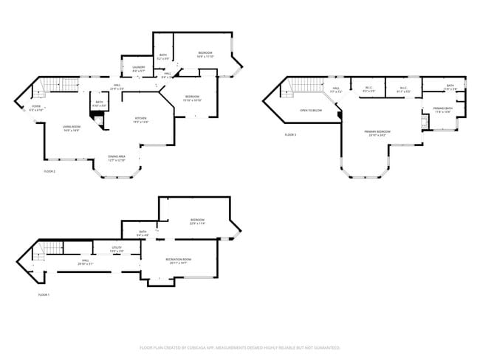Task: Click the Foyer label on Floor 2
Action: [x=35, y=108]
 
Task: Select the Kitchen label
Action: [x=141, y=120]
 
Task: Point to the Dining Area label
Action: [x=117, y=157]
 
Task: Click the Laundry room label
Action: [x=138, y=70]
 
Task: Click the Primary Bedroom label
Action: [x=377, y=134]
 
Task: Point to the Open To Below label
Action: [x=310, y=110]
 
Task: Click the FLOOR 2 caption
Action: [x=49, y=171]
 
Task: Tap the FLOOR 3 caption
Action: [x=290, y=135]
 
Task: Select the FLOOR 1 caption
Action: [x=44, y=294]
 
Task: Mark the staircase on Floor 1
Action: [x=49, y=249]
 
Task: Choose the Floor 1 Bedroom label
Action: [x=197, y=221]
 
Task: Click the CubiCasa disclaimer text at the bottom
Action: [x=240, y=347]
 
